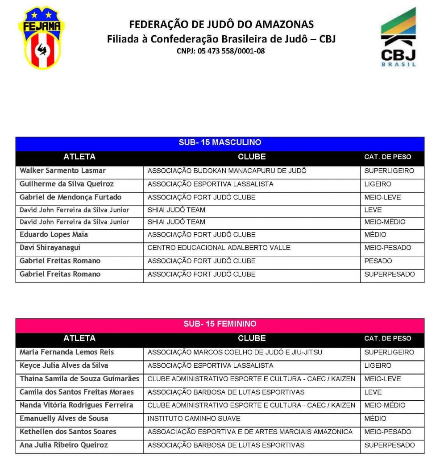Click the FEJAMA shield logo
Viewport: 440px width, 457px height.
pyautogui.click(x=41, y=38)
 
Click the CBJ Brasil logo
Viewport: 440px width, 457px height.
pyautogui.click(x=398, y=38)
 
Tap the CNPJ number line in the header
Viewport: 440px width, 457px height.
pyautogui.click(x=220, y=51)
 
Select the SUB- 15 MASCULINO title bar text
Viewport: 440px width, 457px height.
pyautogui.click(x=220, y=143)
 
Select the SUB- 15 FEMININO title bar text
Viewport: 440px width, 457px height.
pyautogui.click(x=220, y=324)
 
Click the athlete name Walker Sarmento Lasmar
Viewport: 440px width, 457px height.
pyautogui.click(x=62, y=171)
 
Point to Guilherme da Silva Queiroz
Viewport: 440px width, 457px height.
pyautogui.click(x=66, y=184)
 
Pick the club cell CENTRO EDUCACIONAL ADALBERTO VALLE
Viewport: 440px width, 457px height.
pyautogui.click(x=219, y=248)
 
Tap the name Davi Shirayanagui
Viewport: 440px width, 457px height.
pyautogui.click(x=50, y=248)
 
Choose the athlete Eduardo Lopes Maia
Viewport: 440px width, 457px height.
pyautogui.click(x=54, y=235)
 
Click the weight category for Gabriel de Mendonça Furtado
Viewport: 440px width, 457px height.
pyautogui.click(x=382, y=197)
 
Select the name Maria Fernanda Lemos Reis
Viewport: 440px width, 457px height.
pyautogui.click(x=66, y=352)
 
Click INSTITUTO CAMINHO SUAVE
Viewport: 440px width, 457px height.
pyautogui.click(x=194, y=419)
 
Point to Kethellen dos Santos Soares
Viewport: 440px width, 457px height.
pyautogui.click(x=68, y=432)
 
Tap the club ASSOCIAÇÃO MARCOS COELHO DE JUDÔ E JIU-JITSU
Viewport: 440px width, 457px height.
pyautogui.click(x=235, y=352)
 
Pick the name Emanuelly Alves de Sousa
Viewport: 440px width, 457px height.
pyautogui.click(x=64, y=419)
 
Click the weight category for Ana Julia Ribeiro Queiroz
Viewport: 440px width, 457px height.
pyautogui.click(x=390, y=445)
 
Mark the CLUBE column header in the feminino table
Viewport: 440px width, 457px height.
pyautogui.click(x=252, y=338)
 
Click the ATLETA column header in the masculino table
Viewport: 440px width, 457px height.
pyautogui.click(x=79, y=157)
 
